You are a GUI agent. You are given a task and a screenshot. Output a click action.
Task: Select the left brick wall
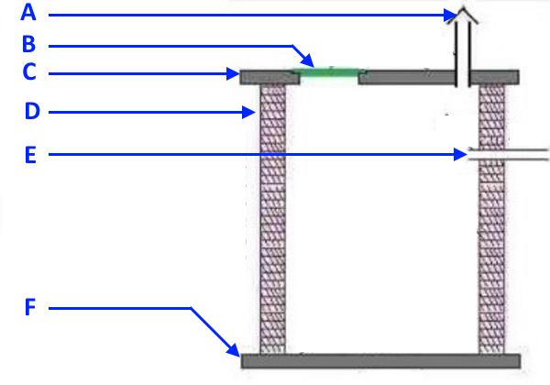[273, 220]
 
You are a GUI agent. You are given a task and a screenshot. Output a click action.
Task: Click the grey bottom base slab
[379, 360]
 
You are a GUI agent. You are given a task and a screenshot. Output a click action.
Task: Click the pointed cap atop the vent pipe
[464, 16]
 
